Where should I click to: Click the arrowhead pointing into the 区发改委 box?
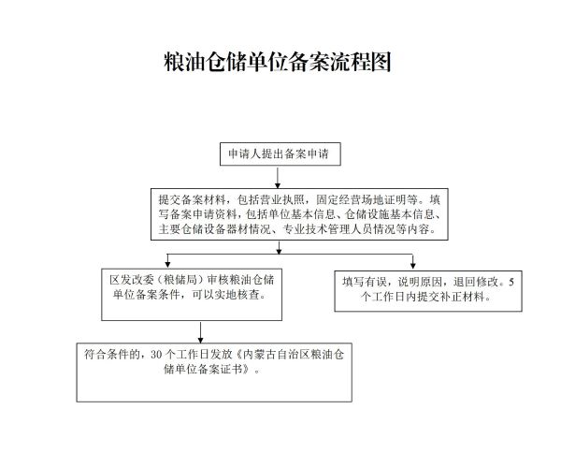168,264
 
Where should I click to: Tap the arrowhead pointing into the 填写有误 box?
412,264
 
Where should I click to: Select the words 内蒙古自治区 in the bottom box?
274,354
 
